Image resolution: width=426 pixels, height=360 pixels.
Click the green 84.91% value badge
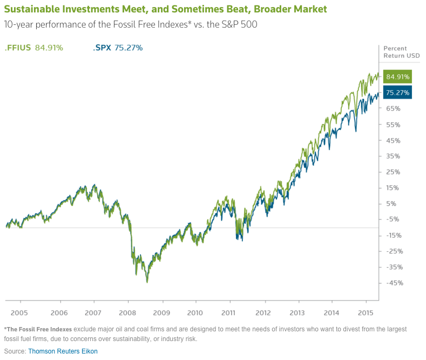click(x=397, y=77)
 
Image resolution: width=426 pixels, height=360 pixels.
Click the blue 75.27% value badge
click(x=397, y=93)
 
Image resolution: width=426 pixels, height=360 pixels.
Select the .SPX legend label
click(x=102, y=48)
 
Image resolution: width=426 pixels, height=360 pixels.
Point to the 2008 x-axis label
click(x=127, y=312)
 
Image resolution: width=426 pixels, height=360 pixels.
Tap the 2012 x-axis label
click(x=263, y=312)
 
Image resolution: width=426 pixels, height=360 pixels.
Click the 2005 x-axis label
click(x=19, y=312)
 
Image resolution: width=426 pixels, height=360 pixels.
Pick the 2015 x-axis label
click(x=366, y=312)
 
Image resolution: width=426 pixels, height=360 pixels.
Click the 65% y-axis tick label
click(x=393, y=109)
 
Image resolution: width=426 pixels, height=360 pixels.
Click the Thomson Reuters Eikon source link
click(x=63, y=351)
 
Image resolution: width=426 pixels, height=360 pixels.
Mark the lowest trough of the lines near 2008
click(x=147, y=282)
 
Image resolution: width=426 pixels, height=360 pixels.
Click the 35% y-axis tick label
click(x=393, y=156)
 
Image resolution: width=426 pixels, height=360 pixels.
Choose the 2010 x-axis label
click(x=195, y=312)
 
